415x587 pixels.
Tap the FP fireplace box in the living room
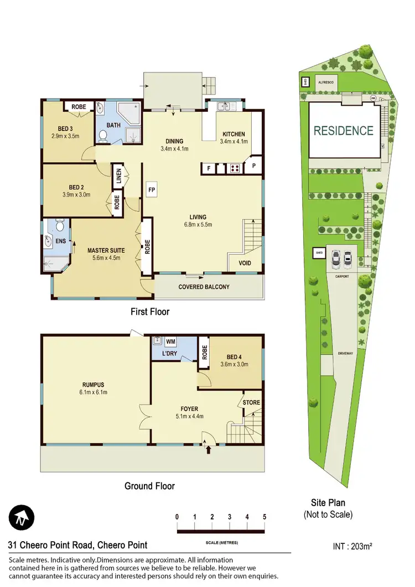(152, 189)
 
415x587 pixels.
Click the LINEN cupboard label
(118, 176)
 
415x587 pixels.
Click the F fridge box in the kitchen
(209, 168)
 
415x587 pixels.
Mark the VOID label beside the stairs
(245, 263)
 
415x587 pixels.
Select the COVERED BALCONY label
(204, 287)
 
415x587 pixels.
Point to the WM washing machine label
(170, 342)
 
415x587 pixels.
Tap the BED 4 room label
(234, 356)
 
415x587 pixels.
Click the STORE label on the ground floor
(251, 402)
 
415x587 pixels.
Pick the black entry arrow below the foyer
(209, 450)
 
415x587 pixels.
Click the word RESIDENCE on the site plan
(344, 131)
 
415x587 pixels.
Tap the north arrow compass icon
(21, 518)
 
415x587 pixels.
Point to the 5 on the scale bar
(264, 517)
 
